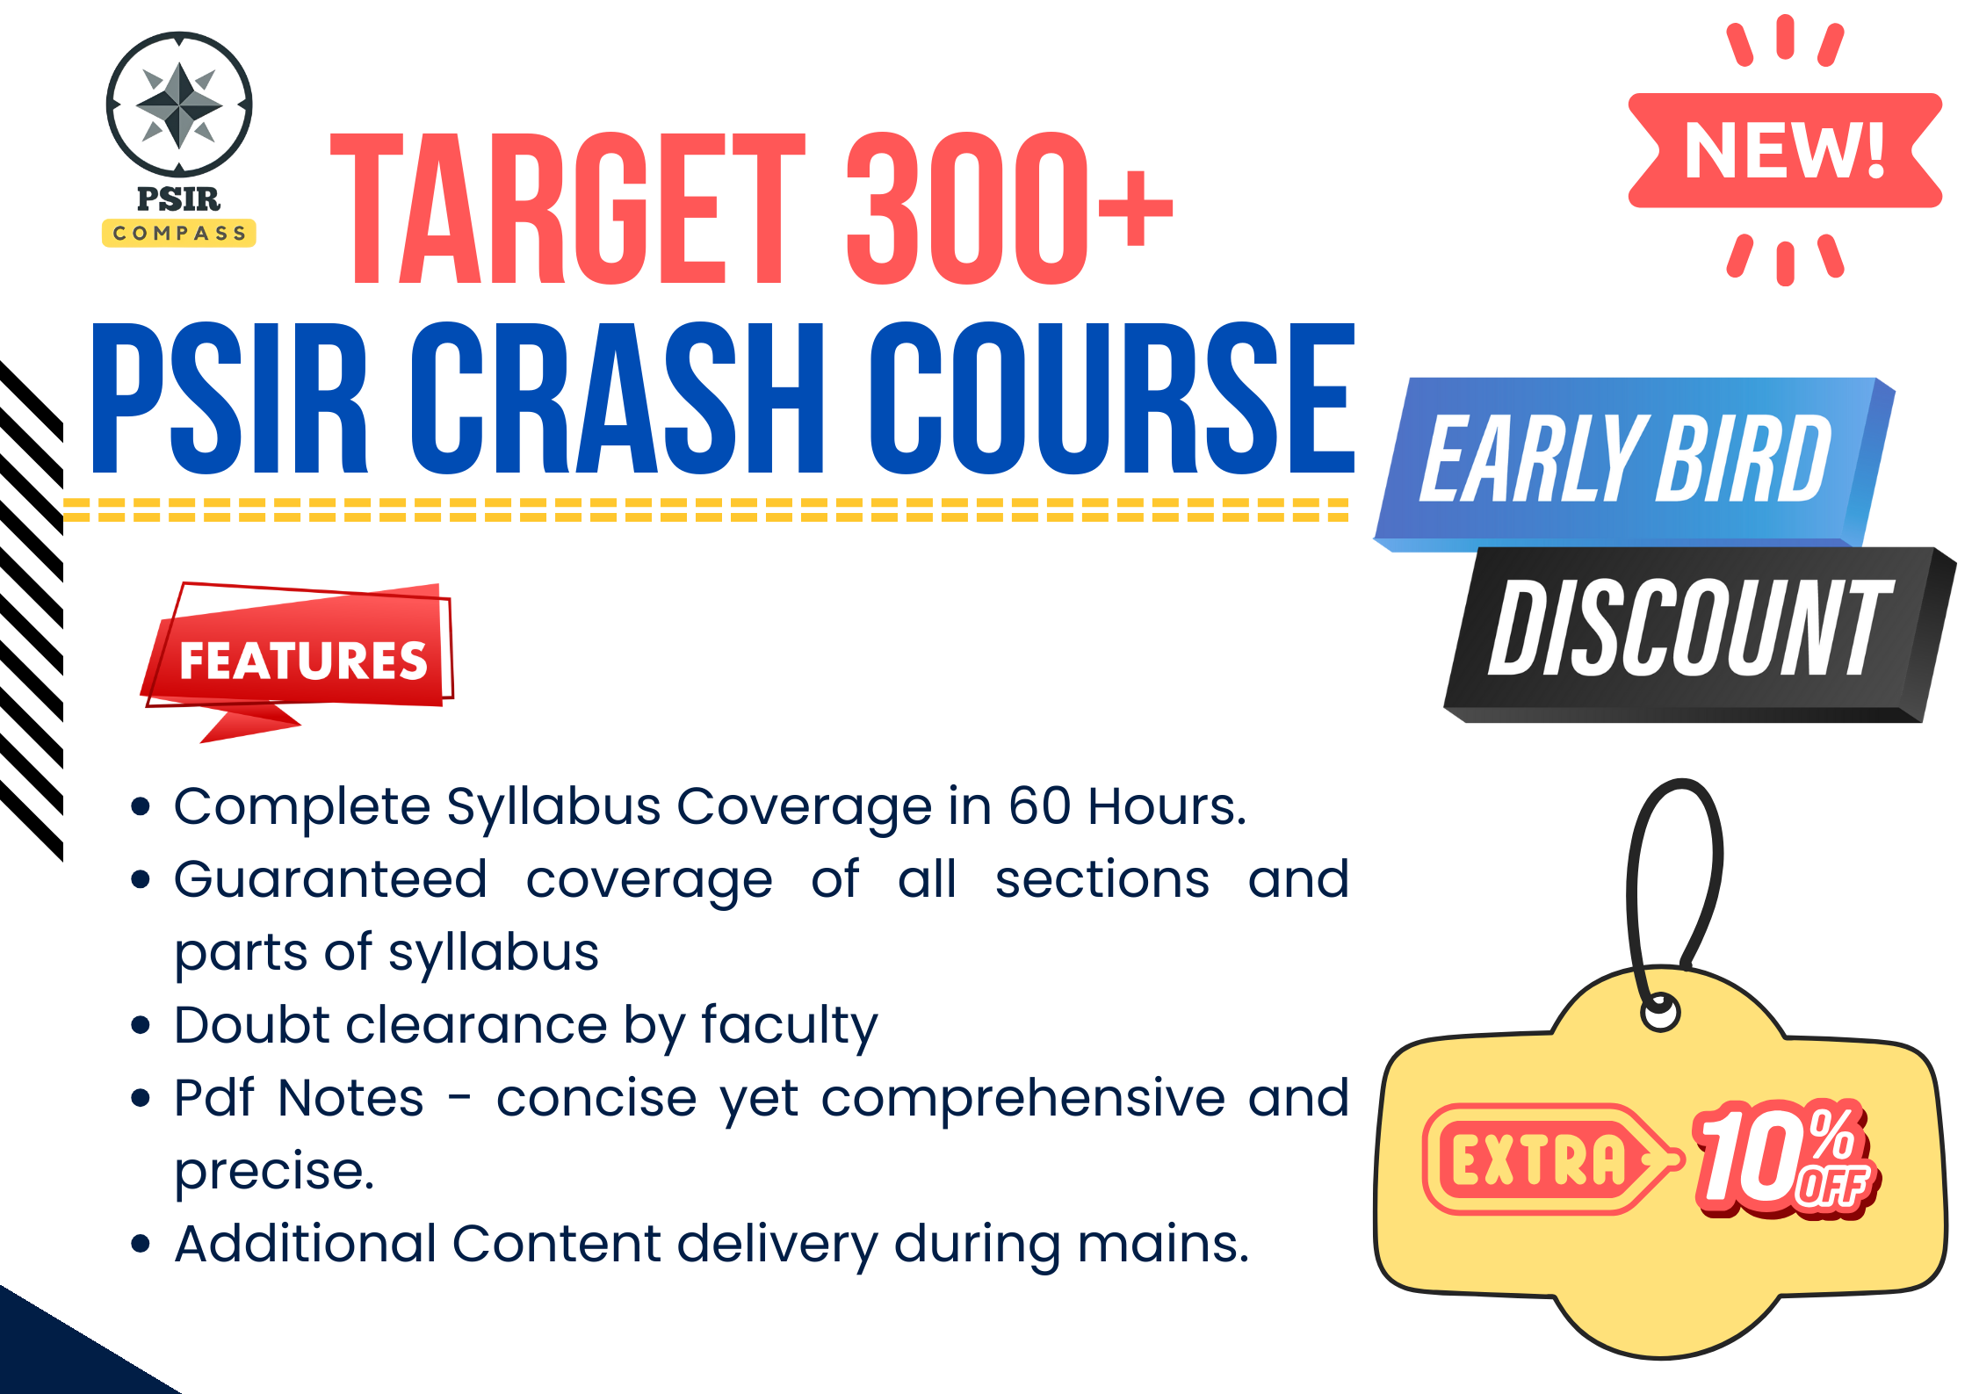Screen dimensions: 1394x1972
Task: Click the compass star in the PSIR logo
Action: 179,105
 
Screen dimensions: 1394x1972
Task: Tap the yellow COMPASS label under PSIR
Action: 179,233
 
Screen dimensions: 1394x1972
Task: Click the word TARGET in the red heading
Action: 567,209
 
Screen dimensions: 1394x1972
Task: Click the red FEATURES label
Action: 302,661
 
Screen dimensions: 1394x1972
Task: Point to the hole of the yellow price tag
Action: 1660,1013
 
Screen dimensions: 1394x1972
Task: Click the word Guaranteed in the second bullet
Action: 330,879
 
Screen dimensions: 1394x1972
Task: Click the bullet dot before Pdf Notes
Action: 140,1098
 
